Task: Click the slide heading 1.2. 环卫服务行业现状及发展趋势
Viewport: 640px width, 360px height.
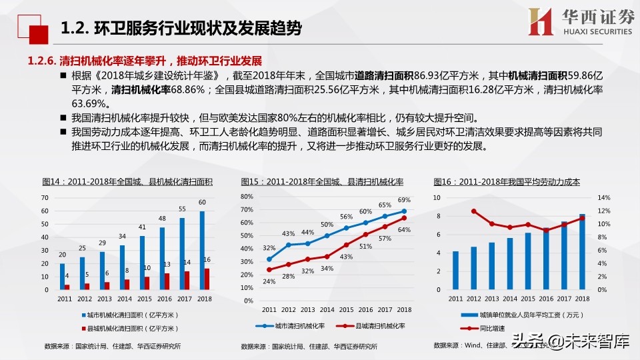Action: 180,29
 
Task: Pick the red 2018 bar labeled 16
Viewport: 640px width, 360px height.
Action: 207,279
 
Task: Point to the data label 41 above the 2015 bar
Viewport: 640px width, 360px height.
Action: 141,227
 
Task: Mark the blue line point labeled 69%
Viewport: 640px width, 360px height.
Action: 404,211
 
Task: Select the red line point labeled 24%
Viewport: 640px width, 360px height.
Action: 269,270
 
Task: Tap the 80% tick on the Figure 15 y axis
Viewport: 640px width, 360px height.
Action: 247,197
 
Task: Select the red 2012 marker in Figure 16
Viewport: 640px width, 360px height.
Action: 474,211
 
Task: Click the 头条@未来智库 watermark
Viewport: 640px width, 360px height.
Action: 571,343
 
